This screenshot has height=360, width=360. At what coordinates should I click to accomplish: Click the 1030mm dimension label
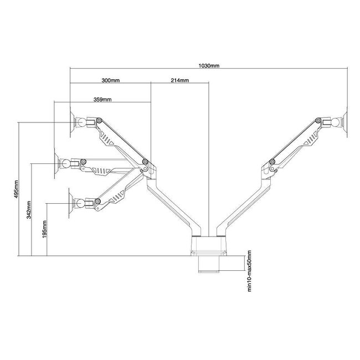coord(209,65)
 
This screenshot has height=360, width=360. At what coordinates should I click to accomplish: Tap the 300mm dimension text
coord(111,81)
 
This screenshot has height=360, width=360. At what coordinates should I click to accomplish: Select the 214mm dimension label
coord(180,81)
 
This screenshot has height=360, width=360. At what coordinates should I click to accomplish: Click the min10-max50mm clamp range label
coord(249,269)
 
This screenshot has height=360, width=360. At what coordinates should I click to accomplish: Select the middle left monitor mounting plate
coord(58,164)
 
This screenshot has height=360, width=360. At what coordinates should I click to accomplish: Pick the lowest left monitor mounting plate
coord(70,203)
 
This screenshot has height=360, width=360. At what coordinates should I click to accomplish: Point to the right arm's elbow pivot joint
coord(272,162)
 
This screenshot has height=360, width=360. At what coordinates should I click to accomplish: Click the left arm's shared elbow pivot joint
coord(145,162)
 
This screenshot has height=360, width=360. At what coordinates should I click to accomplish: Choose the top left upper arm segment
coord(119,138)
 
